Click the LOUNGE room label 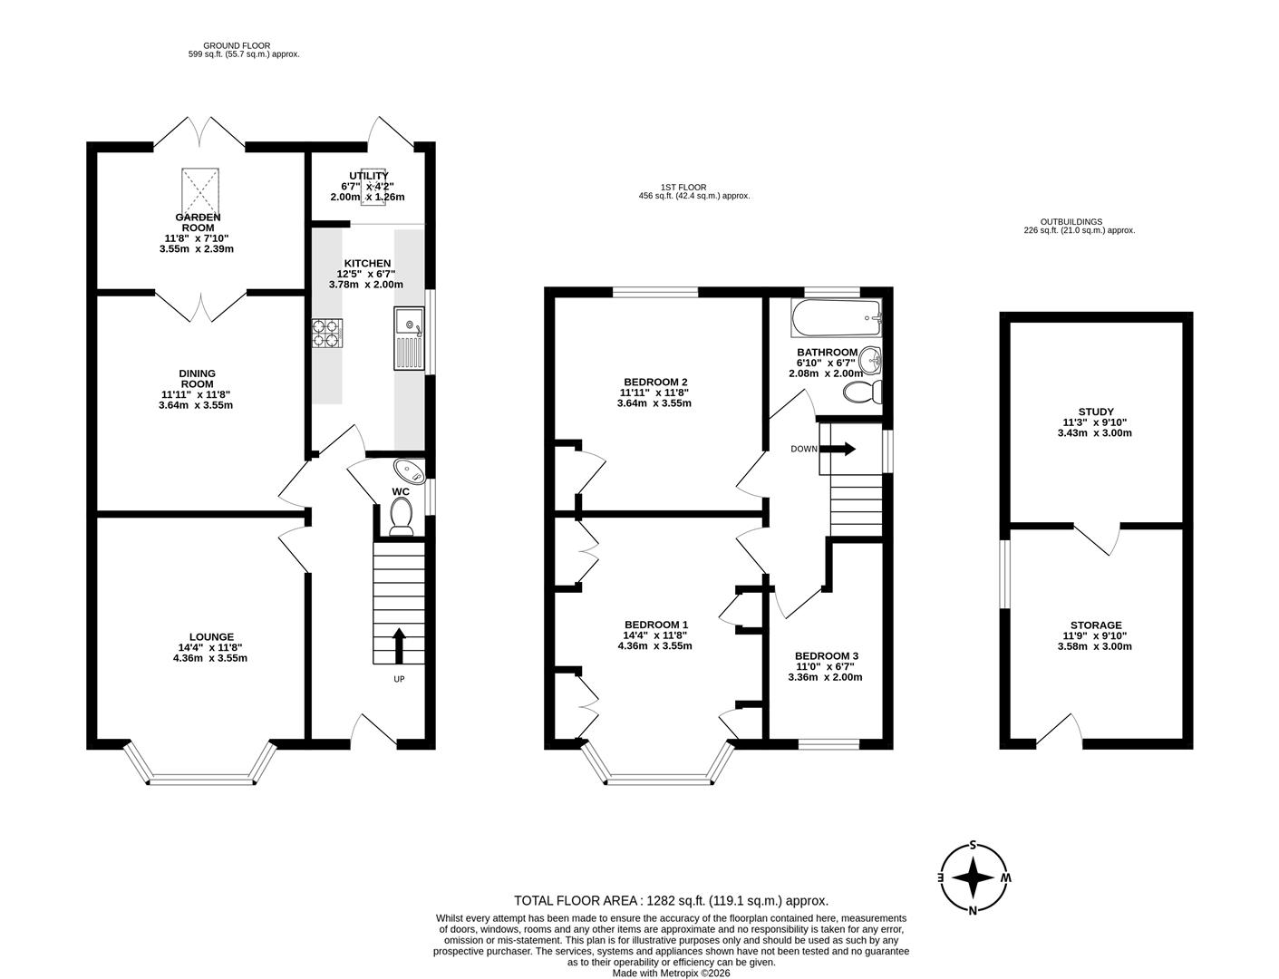(210, 637)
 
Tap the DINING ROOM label (196, 379)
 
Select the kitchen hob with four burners (328, 333)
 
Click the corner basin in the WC (409, 471)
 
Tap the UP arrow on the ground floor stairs (398, 645)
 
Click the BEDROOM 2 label (654, 382)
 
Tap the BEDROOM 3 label (826, 656)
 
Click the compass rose (974, 877)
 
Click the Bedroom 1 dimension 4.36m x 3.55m (654, 646)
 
